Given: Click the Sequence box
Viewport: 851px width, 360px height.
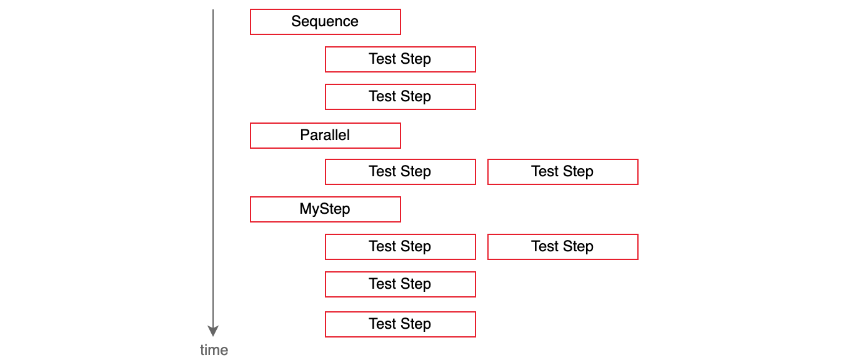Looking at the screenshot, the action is pyautogui.click(x=325, y=22).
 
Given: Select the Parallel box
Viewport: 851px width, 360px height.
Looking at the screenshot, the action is pyautogui.click(x=325, y=136).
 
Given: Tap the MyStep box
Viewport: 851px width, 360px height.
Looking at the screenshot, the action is pyautogui.click(x=325, y=209).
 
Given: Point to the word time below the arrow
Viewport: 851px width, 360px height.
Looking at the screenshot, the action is pyautogui.click(x=214, y=350).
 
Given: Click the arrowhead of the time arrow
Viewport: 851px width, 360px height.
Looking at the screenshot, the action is pyautogui.click(x=212, y=331).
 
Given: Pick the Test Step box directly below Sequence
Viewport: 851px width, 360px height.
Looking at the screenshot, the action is pyautogui.click(x=401, y=59).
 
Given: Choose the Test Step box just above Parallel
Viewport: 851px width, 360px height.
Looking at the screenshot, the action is pyautogui.click(x=401, y=97).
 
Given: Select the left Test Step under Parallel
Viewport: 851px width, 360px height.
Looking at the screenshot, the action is pyautogui.click(x=401, y=172).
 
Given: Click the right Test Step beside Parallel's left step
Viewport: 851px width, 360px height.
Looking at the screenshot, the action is pyautogui.click(x=563, y=172).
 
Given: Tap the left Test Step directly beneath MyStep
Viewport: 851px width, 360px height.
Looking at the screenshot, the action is pyautogui.click(x=401, y=247).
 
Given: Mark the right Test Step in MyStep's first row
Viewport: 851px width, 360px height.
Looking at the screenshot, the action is pyautogui.click(x=563, y=247).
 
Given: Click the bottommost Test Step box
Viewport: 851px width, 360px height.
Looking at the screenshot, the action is pyautogui.click(x=401, y=324).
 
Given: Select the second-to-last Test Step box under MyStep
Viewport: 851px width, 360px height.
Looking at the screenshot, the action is pyautogui.click(x=401, y=284).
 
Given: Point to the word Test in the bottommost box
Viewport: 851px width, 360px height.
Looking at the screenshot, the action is pyautogui.click(x=382, y=324).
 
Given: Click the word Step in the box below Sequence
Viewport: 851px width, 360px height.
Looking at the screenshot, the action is pyautogui.click(x=416, y=59).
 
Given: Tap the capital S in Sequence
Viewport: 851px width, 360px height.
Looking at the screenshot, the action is pyautogui.click(x=296, y=21).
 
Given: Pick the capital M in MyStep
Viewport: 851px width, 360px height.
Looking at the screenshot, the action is pyautogui.click(x=306, y=209).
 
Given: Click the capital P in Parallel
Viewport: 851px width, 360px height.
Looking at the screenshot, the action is pyautogui.click(x=305, y=135).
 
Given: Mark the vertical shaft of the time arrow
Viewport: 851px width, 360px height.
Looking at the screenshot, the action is pyautogui.click(x=212, y=167).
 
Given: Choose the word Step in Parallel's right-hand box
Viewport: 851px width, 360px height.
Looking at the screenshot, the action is pyautogui.click(x=578, y=172).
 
